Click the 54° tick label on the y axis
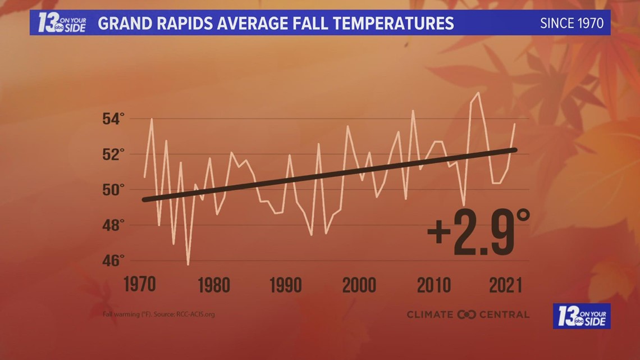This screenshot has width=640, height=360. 113,119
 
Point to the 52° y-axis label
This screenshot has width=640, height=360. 113,154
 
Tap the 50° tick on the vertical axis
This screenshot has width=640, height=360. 113,190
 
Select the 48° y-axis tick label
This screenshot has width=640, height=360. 113,225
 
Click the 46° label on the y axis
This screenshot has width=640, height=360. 113,261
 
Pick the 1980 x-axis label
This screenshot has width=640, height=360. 214,285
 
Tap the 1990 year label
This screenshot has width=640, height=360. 286,285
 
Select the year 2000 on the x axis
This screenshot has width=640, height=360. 359,285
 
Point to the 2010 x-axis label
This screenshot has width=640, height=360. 433,285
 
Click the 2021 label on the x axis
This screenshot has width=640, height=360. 505,285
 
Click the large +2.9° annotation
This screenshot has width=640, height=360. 478,232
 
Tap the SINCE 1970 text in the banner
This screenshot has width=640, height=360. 572,24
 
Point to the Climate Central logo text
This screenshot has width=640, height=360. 468,315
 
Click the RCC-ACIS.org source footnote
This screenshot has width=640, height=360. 158,314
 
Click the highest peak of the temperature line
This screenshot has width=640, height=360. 478,93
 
